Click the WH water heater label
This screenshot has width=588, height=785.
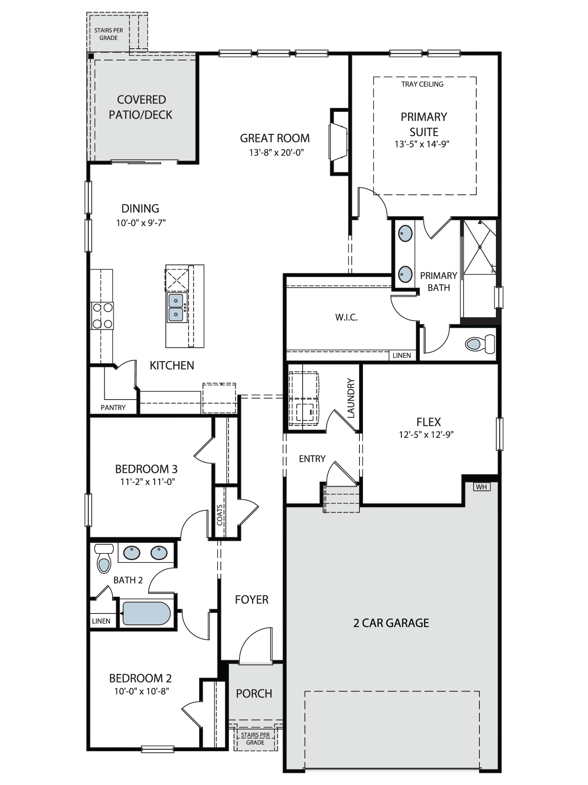coord(481,487)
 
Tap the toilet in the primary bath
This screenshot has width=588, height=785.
coord(481,344)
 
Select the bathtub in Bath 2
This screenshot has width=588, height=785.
coord(147,613)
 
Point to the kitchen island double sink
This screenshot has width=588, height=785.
coord(176,307)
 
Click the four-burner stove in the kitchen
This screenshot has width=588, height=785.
coord(102,316)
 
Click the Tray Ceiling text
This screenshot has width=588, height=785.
coord(422,84)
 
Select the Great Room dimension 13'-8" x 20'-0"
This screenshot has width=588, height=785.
coord(277,152)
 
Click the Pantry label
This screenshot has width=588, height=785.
coord(113,407)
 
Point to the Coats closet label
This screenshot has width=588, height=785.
coord(220,515)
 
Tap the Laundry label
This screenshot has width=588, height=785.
coord(351,398)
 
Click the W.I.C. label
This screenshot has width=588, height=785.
coord(347,317)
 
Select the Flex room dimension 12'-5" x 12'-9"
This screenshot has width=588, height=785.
coord(428,434)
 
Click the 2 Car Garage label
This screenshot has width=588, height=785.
coord(391,623)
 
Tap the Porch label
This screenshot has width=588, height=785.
coord(254,694)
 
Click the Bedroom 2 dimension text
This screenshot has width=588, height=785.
coord(142,691)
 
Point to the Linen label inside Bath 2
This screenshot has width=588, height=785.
coord(101,621)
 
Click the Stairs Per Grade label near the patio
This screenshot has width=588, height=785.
coord(109,34)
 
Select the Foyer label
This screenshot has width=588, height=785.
coord(252,599)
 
